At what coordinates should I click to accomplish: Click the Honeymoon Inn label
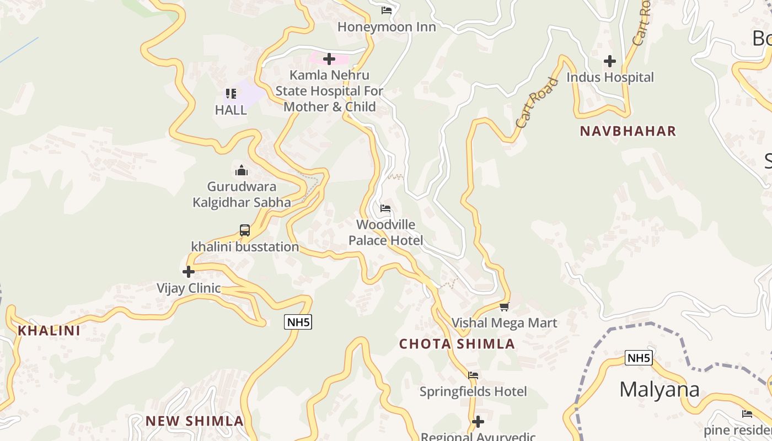[387, 27]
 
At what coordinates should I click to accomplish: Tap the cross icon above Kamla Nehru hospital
[329, 59]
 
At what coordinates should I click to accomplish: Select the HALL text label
[231, 110]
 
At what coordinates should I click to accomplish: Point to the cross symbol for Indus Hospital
[610, 61]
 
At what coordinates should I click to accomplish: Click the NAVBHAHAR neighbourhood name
[628, 131]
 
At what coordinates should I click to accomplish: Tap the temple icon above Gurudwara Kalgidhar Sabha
[242, 170]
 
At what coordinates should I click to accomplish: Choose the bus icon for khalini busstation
[245, 230]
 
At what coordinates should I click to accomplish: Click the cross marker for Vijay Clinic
[189, 272]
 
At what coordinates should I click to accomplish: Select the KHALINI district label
[49, 331]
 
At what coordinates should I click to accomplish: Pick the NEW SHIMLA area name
[195, 421]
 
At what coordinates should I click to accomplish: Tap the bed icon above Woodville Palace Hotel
[385, 208]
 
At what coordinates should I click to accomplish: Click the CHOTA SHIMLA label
[457, 345]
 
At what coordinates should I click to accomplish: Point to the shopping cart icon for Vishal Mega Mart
[504, 306]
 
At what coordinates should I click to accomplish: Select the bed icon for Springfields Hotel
[473, 375]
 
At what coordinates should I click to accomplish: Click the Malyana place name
[660, 390]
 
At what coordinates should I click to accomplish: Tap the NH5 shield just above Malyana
[639, 358]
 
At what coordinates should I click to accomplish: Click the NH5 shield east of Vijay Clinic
[298, 322]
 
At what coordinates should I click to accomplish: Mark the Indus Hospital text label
[610, 78]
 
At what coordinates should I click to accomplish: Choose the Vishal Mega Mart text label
[505, 323]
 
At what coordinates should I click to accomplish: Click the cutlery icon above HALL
[231, 94]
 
